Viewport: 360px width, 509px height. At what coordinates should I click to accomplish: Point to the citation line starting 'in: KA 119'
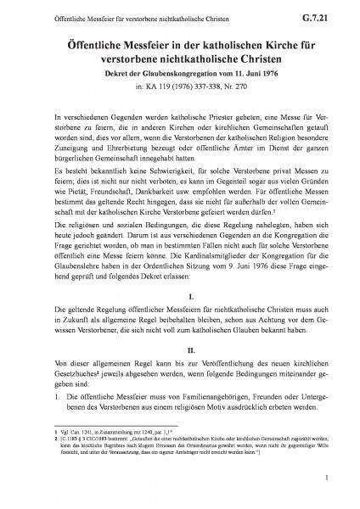[x=179, y=86]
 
